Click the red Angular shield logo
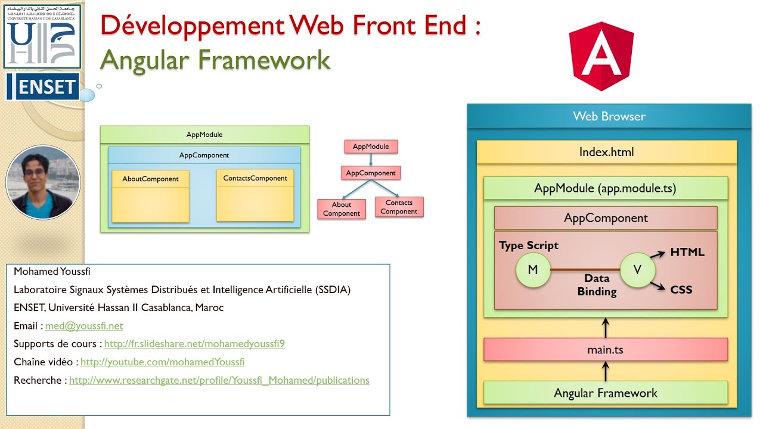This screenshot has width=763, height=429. pos(601,56)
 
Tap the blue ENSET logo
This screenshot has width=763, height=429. pos(43,88)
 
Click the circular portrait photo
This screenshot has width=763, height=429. pos(43,182)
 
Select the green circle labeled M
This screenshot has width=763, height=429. pos(533,270)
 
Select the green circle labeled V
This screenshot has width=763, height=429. pos(637,270)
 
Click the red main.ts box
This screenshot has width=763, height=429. pos(605,350)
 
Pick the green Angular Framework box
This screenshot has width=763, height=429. pos(605,393)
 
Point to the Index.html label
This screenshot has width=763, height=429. pos(606,153)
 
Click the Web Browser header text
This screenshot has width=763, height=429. pos(609,117)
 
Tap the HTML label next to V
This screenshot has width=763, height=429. pos(687,252)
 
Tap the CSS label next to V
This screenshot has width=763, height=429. pos(681,290)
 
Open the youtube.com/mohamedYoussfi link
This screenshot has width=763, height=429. pos(162,362)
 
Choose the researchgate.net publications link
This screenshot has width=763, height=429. pos(219,380)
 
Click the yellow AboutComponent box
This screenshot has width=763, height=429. pos(150,197)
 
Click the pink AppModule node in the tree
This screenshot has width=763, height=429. pos(370,147)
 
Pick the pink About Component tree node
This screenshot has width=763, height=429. pos(341,209)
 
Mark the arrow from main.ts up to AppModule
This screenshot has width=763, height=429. pos(606,328)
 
